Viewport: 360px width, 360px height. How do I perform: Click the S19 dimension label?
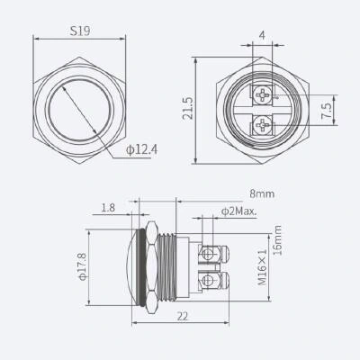click(80, 31)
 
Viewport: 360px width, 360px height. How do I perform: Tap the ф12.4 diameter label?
click(141, 149)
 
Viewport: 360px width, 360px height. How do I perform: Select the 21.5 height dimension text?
click(189, 109)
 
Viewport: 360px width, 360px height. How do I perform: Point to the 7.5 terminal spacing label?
click(327, 111)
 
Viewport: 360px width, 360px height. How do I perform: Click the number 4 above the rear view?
click(262, 35)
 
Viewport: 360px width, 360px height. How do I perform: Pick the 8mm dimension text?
click(262, 193)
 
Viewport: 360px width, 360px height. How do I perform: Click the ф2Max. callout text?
click(239, 211)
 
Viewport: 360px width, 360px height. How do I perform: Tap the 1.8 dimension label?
click(108, 208)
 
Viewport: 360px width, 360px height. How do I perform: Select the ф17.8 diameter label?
click(83, 266)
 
